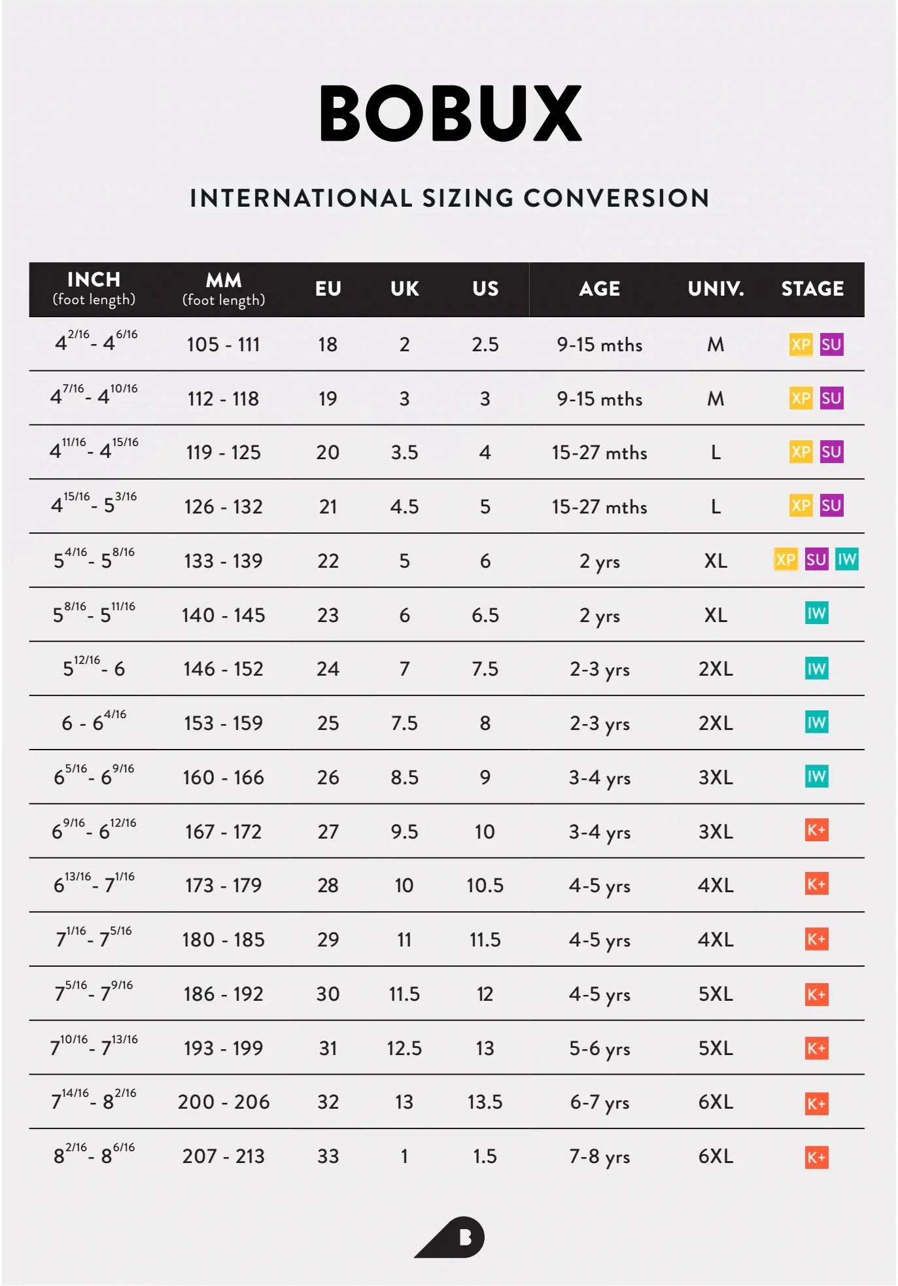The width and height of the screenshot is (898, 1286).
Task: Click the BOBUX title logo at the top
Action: tap(450, 113)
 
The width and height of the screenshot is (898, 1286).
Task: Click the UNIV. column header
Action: tap(716, 288)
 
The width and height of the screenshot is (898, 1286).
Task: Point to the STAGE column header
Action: tap(812, 288)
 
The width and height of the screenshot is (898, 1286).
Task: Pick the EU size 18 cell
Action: tap(328, 344)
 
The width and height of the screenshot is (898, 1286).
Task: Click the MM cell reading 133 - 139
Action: tap(224, 561)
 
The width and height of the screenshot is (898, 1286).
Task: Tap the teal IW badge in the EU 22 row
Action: tap(846, 559)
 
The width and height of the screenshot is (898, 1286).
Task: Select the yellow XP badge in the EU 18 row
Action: tap(801, 344)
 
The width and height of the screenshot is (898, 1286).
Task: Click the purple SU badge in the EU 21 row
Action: tap(831, 505)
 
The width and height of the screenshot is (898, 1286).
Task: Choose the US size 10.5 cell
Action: tap(485, 885)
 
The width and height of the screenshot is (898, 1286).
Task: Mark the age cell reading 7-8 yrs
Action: tap(600, 1156)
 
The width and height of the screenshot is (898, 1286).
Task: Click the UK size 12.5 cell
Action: tap(404, 1048)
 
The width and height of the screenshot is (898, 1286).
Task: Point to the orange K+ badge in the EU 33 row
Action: tap(816, 1156)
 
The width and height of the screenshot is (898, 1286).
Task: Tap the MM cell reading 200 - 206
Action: tap(224, 1102)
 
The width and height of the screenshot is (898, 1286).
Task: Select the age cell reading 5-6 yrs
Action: tap(600, 1048)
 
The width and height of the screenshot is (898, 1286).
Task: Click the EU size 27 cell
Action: tap(328, 831)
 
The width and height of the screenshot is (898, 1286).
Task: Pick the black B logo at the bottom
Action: tap(451, 1237)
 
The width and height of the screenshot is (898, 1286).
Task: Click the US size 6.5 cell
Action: tap(485, 615)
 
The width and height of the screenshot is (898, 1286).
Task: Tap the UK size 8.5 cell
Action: tap(404, 777)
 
